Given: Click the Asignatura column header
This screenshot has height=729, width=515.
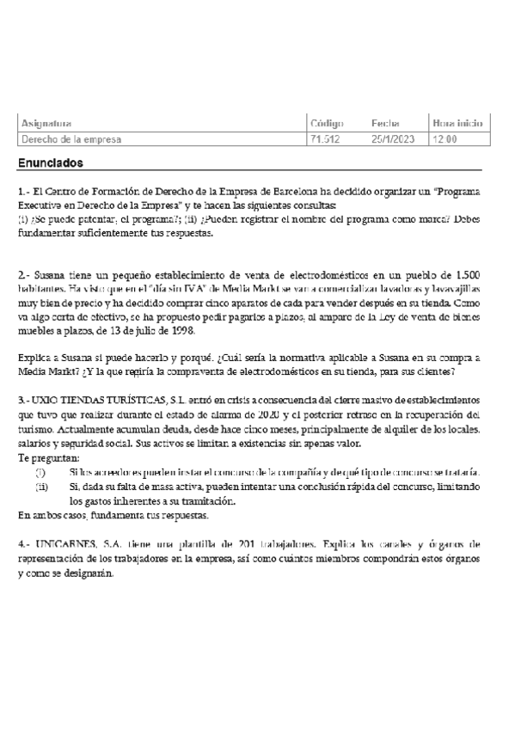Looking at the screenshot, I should coord(46,123).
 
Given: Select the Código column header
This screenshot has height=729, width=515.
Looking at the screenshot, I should coord(326,123).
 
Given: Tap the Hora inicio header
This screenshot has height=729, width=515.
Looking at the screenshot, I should coord(457,123).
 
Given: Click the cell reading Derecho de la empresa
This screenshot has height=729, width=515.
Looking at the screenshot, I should coord(71,138).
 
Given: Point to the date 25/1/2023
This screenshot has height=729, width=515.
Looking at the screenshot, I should coord(391,138).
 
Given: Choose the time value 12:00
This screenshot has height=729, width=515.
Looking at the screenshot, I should coord(444,138).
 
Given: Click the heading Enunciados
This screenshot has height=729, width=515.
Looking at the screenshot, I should coord(51,162).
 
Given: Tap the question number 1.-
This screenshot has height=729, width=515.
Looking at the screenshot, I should coord(23,192).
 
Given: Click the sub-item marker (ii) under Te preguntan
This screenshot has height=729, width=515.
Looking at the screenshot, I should coord(41,487).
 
